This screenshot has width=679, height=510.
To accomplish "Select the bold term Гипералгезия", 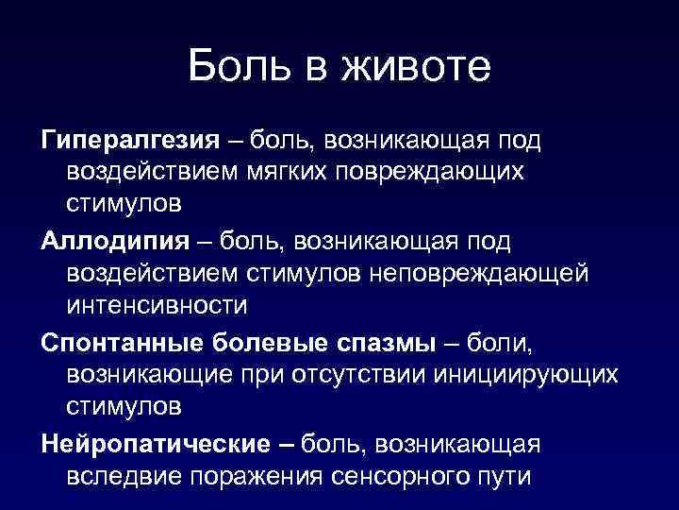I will (x=128, y=141).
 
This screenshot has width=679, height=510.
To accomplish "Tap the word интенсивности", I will (x=157, y=306).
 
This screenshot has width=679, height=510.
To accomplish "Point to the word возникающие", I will (x=155, y=373).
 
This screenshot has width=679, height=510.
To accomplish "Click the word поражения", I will (x=257, y=473).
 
